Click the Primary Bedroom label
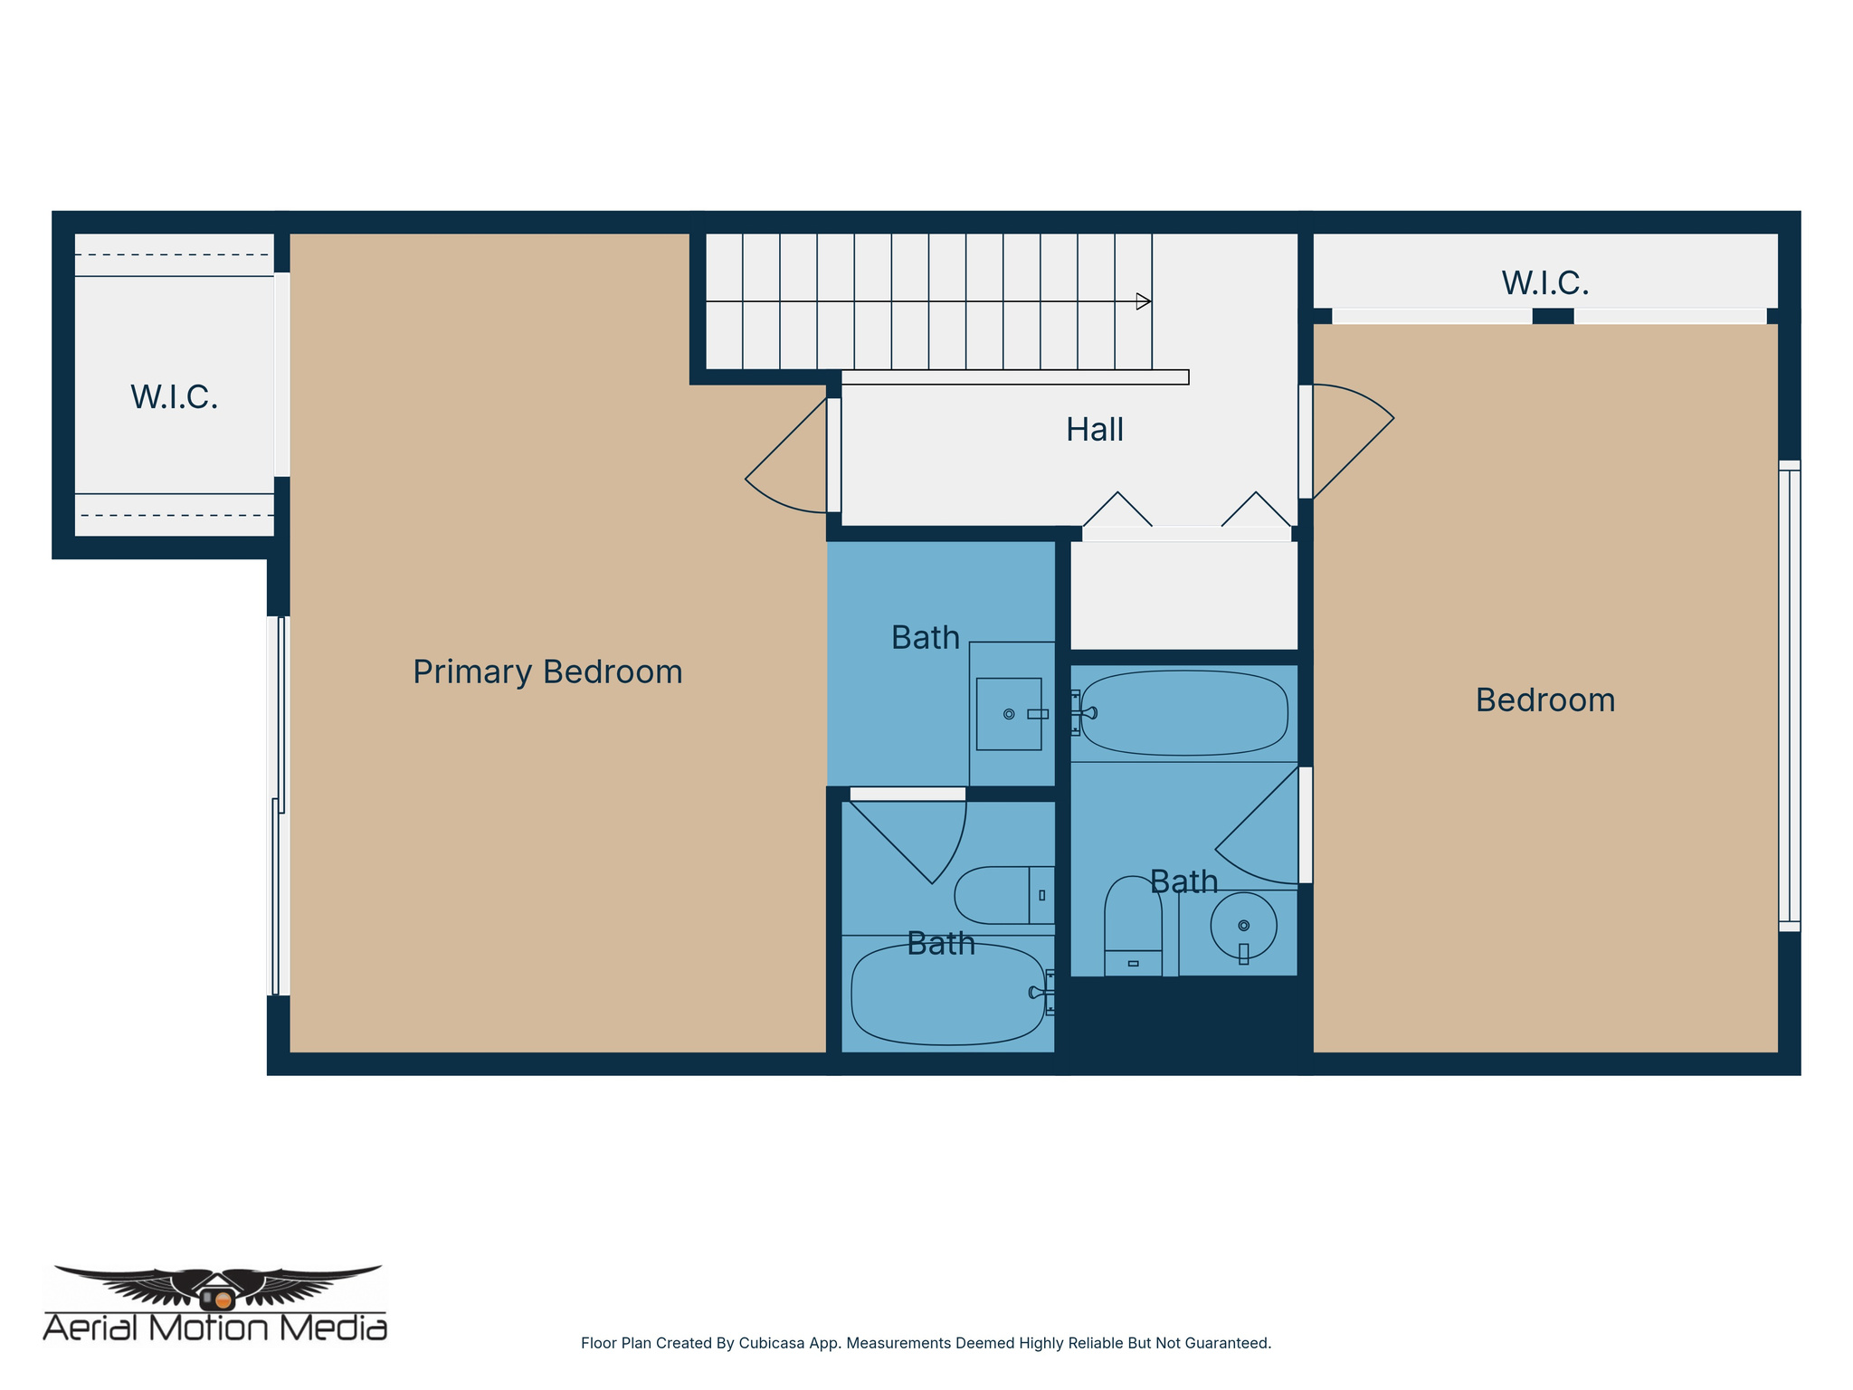click(547, 672)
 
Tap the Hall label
click(1094, 430)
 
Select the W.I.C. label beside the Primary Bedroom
click(174, 397)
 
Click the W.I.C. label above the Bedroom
click(1544, 283)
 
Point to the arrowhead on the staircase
click(1144, 301)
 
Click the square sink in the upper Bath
click(1008, 714)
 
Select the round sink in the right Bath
click(1243, 926)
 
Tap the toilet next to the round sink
click(1133, 928)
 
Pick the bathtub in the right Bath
click(1183, 713)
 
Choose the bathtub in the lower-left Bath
click(946, 995)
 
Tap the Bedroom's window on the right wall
click(1789, 696)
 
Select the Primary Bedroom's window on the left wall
click(279, 805)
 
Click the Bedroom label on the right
click(1544, 700)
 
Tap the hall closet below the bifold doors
click(1183, 595)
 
